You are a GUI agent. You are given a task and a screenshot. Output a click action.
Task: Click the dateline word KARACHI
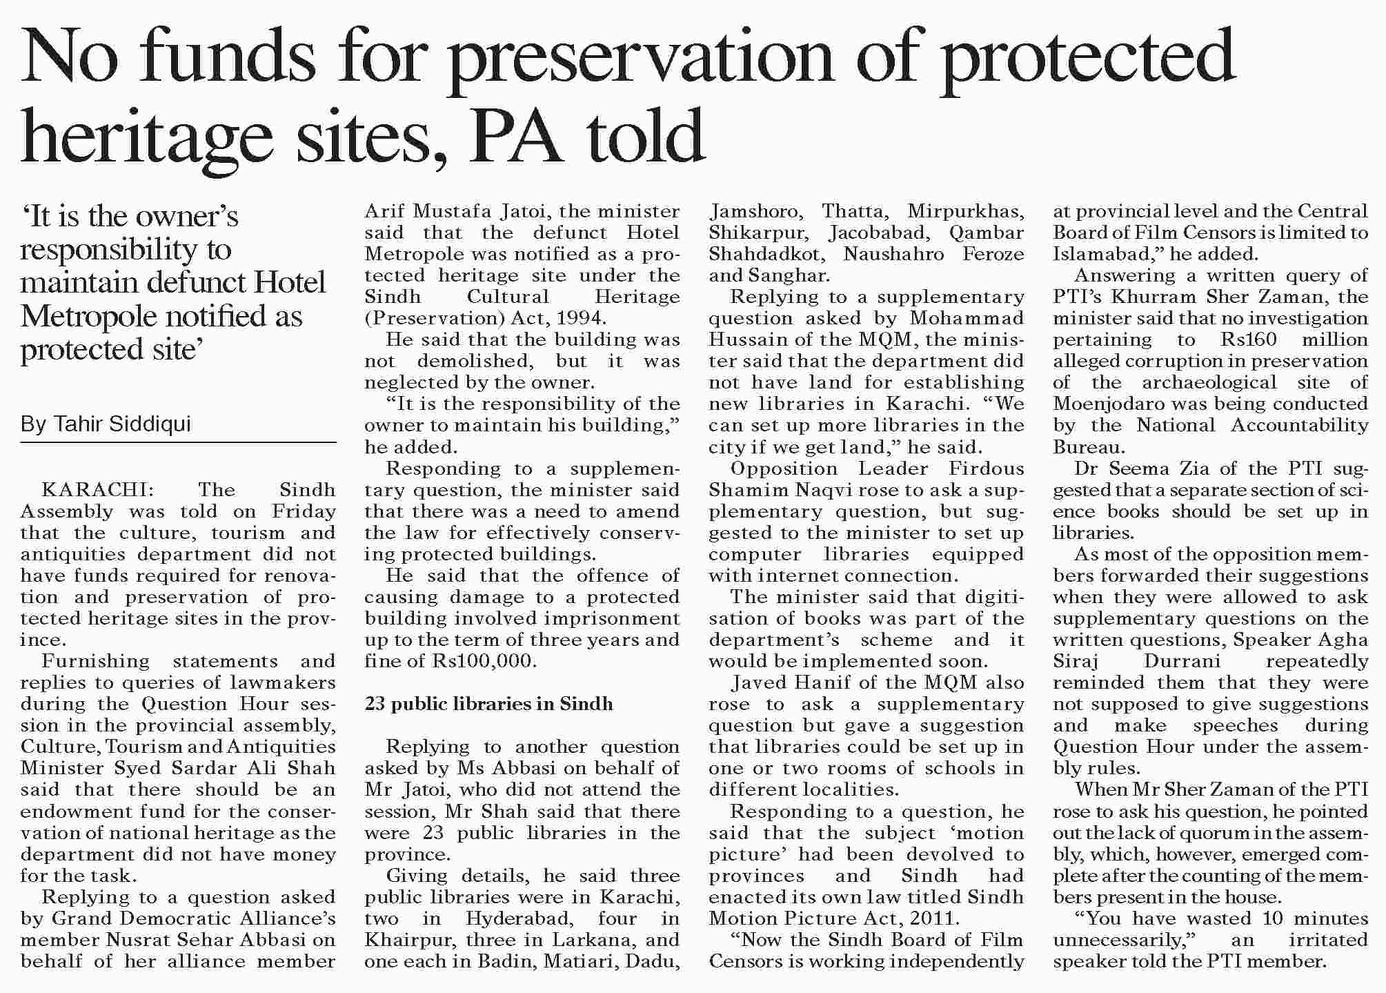click(x=95, y=490)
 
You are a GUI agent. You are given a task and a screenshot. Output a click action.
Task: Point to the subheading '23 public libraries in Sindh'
click(x=488, y=704)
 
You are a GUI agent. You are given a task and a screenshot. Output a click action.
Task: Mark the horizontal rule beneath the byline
click(x=178, y=442)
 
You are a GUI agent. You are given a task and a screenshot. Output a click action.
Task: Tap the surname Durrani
click(x=1182, y=661)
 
